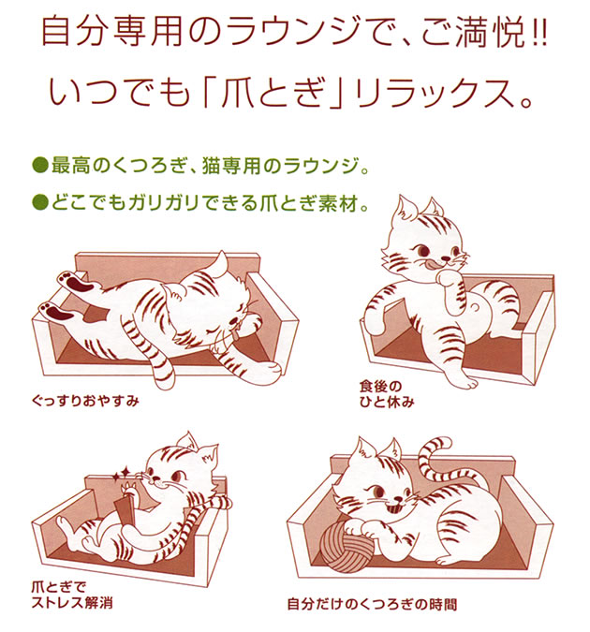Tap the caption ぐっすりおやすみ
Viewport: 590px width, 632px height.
85,402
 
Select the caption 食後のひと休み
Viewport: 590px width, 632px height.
387,394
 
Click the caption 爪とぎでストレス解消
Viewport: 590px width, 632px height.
72,595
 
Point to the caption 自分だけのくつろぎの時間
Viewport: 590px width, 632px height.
372,605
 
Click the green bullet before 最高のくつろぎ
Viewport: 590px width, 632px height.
40,166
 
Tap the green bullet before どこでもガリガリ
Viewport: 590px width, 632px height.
40,202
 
